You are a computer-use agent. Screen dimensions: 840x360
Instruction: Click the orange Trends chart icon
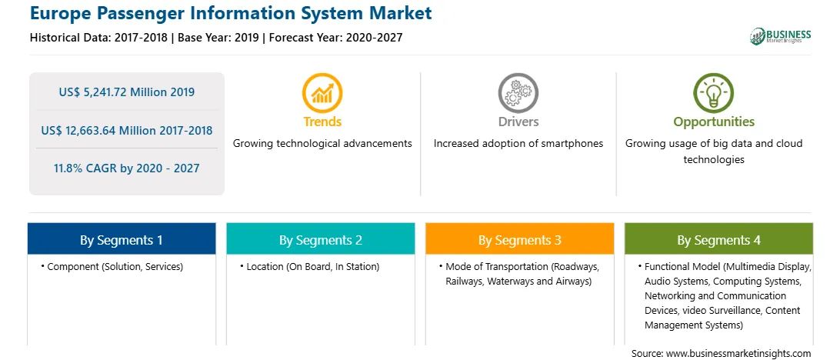tap(322, 93)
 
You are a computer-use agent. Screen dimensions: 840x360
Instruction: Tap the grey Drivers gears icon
tap(518, 93)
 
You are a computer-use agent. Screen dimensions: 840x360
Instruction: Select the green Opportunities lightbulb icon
tap(714, 93)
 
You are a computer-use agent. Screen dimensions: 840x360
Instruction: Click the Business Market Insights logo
tap(780, 36)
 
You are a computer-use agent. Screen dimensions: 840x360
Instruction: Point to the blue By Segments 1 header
tap(122, 239)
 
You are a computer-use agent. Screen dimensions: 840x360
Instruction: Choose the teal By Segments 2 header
tap(320, 239)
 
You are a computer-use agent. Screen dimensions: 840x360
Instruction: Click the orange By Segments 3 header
tap(520, 239)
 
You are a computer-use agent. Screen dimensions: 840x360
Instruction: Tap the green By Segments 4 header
tap(719, 239)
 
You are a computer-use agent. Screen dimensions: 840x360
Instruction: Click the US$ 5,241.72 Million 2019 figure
tap(126, 92)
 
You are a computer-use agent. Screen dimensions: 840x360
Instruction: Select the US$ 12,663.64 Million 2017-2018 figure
tap(126, 130)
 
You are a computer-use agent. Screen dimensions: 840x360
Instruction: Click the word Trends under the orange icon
tap(322, 122)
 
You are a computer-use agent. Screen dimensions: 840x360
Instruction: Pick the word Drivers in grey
tap(518, 122)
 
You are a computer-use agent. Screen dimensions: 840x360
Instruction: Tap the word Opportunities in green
tap(714, 122)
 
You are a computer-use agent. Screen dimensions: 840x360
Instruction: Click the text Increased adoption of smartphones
tap(518, 144)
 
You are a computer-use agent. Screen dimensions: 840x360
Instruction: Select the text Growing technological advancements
tap(322, 144)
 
